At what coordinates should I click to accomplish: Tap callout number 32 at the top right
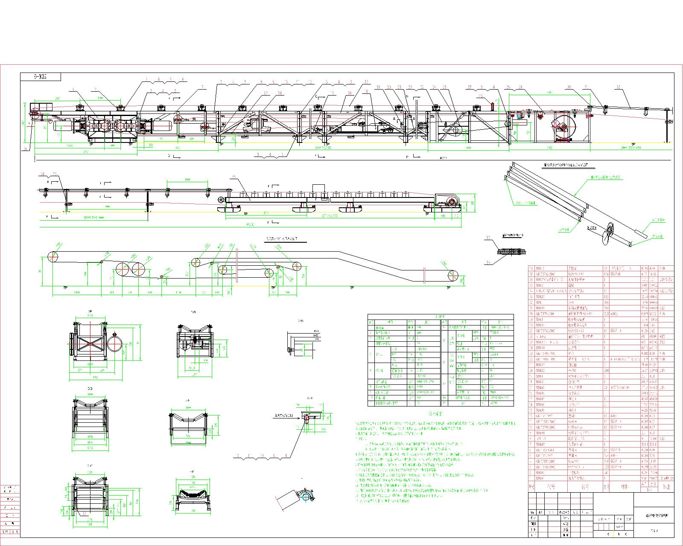pos(619,87)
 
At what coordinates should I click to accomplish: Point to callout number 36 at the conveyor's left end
pos(26,149)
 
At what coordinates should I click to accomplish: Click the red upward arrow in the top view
pos(491,104)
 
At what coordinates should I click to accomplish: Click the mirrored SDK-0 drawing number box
pos(41,77)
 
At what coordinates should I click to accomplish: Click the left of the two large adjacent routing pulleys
pos(123,271)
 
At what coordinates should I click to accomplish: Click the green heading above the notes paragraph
pos(435,414)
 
